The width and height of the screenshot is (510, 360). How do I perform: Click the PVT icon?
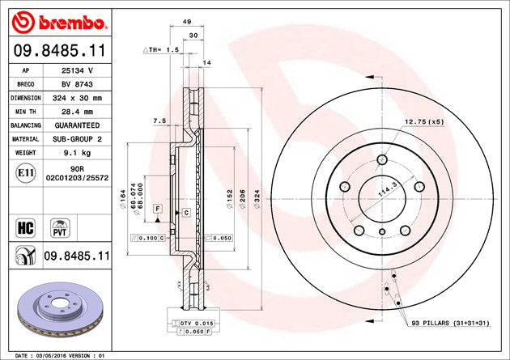(59, 226)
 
